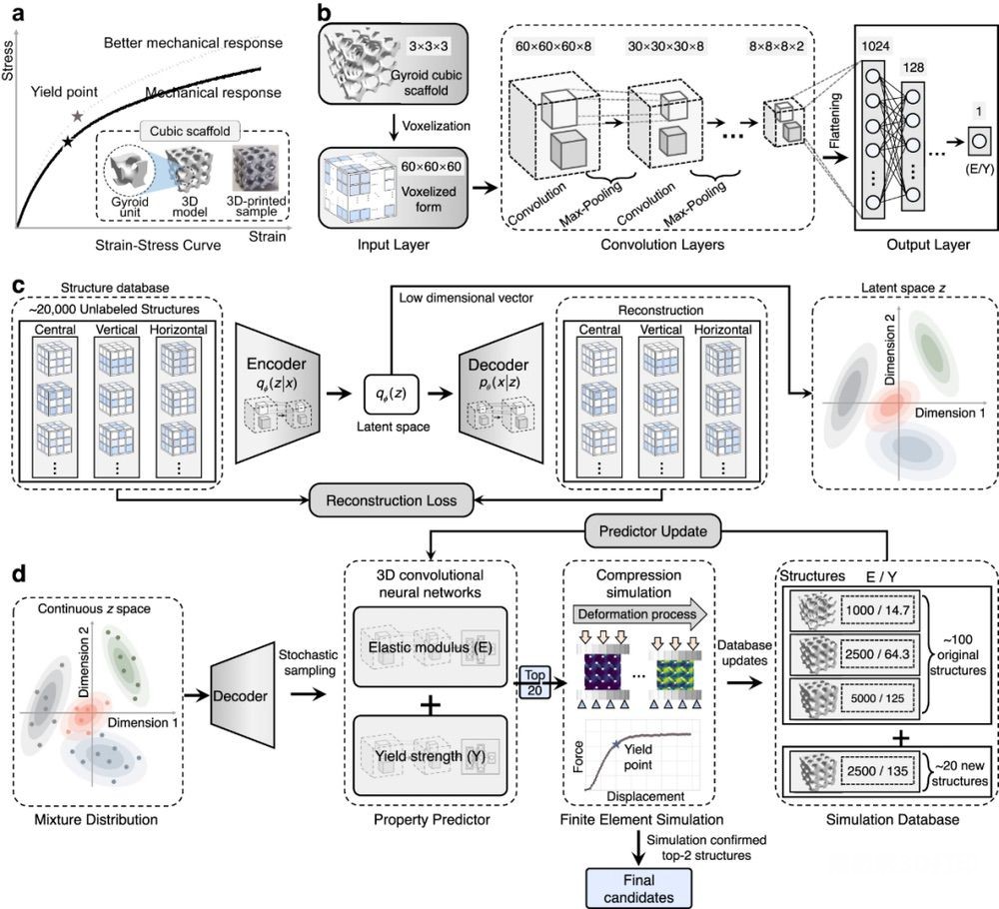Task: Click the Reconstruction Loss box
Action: pos(392,500)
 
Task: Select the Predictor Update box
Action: pos(652,530)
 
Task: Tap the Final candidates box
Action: pos(638,889)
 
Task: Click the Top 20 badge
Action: pos(534,682)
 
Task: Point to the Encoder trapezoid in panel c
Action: pos(277,393)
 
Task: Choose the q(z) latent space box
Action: pos(392,394)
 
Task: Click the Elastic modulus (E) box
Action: pos(430,647)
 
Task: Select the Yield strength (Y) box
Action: pos(430,756)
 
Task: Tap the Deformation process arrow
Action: pos(639,614)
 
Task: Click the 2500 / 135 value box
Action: pos(877,771)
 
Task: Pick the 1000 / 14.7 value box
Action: pos(877,609)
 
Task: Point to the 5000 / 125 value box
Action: pos(877,698)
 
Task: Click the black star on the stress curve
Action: pos(68,142)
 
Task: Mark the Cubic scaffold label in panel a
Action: pos(190,131)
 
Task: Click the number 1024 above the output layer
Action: pos(875,46)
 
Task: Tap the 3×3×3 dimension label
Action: pos(429,47)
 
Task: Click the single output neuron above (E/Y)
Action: pos(979,140)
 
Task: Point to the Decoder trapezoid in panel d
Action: pos(242,695)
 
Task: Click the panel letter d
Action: pos(19,574)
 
